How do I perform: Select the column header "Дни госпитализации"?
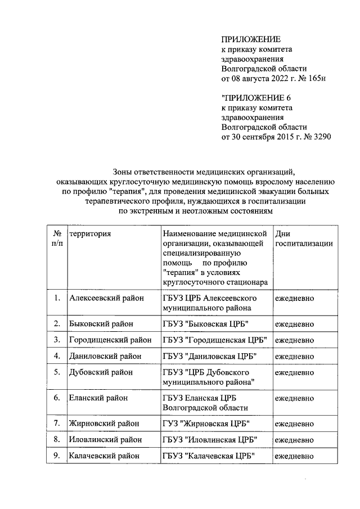click(x=303, y=238)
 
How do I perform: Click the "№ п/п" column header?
click(x=57, y=238)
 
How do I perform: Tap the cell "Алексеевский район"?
click(x=106, y=298)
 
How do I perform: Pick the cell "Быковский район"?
click(x=101, y=324)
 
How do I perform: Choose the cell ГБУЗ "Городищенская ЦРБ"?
click(x=214, y=340)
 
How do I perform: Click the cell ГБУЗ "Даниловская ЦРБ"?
click(x=209, y=356)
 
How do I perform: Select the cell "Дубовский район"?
click(x=101, y=372)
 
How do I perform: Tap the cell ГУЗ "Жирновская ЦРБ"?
click(x=206, y=424)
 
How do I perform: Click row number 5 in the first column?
click(x=57, y=372)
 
